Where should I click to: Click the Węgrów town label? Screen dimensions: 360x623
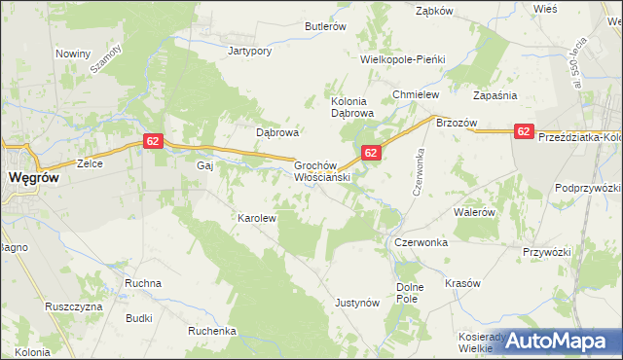pos(37,178)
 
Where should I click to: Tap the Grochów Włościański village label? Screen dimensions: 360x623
pos(322,172)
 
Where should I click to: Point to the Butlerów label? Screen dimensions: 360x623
pos(324,27)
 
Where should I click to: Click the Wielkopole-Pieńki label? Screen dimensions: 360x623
pos(402,59)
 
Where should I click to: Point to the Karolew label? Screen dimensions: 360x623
pos(258,219)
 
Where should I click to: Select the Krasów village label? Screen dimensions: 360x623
pos(462,283)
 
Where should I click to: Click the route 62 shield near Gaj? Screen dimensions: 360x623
pos(152,141)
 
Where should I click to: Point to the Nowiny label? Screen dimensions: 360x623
pos(73,54)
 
